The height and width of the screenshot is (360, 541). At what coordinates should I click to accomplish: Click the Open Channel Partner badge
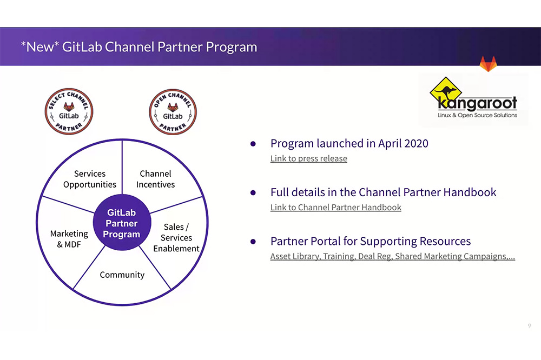173,112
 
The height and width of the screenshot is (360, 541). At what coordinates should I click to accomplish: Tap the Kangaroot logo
473,99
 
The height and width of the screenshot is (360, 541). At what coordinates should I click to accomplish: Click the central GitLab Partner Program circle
122,224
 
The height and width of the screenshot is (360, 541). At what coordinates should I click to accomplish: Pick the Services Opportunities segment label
90,179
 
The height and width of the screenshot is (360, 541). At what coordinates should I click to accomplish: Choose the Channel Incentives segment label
155,179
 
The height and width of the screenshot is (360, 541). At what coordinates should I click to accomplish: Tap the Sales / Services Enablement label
176,238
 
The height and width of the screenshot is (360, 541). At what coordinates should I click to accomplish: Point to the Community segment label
122,275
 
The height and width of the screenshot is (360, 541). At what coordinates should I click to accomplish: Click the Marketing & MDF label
69,239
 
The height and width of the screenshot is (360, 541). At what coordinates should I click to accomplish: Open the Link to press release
309,158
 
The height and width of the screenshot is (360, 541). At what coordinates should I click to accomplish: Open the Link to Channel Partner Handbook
336,208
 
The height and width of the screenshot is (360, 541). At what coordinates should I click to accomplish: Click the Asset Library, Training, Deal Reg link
392,256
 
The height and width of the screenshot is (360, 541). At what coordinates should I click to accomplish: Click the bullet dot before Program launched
253,144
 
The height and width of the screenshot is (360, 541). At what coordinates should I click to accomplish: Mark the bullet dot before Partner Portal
253,242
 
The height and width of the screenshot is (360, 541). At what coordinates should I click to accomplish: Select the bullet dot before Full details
253,192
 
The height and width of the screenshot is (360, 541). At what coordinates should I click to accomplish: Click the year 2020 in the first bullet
414,143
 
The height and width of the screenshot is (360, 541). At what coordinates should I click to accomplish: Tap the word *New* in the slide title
39,46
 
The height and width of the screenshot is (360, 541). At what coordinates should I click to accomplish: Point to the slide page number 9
529,325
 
